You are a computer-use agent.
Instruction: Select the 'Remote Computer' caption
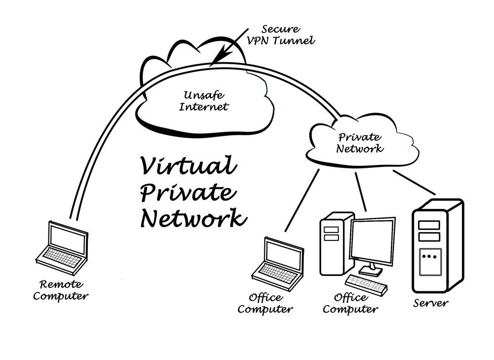[x=64, y=290]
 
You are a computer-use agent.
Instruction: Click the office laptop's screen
[x=283, y=253]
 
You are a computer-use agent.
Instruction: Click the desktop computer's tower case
[x=335, y=244]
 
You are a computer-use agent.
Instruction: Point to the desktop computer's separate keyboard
[x=366, y=283]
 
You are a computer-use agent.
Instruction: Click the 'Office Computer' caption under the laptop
[x=265, y=303]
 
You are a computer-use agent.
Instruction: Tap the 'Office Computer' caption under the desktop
[x=350, y=304]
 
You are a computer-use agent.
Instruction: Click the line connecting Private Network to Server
[x=414, y=182]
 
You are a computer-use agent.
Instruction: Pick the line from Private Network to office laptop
[x=302, y=200]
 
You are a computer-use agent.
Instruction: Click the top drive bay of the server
[x=429, y=225]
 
